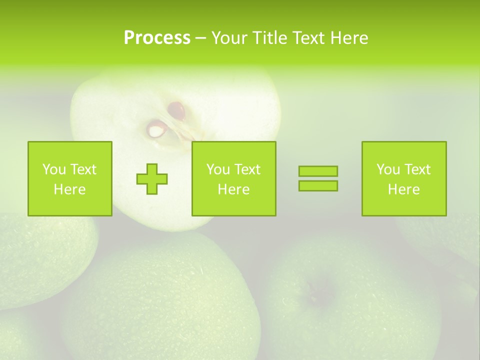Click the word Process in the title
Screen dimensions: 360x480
click(x=157, y=38)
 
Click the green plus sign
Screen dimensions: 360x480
click(x=152, y=179)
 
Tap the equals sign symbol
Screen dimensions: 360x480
click(x=318, y=178)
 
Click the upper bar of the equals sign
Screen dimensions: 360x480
click(x=318, y=171)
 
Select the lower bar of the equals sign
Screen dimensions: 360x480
click(x=318, y=185)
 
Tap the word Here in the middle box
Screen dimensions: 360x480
click(x=233, y=189)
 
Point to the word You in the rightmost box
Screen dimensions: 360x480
click(x=388, y=169)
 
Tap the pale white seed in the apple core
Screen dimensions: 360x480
click(x=156, y=130)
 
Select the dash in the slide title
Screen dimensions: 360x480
click(x=200, y=38)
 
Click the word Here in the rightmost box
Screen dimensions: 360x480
click(x=403, y=189)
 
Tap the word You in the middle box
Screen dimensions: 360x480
click(x=218, y=169)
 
